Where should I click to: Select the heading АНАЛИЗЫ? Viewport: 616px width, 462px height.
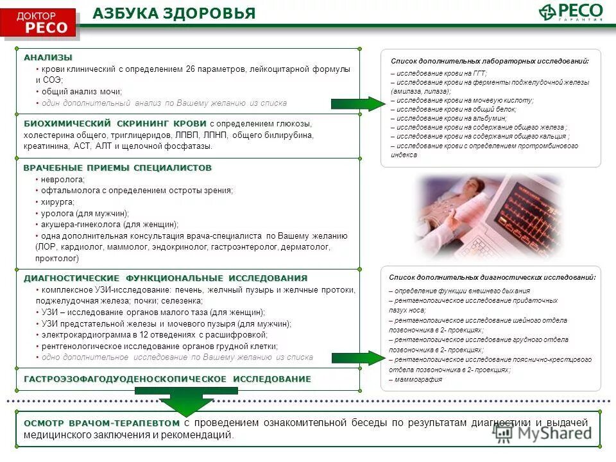point(48,57)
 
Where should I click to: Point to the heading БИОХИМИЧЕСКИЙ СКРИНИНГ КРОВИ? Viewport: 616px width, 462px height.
point(115,123)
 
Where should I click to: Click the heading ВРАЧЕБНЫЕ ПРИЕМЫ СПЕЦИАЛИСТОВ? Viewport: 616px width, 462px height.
point(117,167)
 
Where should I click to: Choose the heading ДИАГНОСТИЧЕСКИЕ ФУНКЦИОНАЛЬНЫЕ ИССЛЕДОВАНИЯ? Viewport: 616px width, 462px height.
point(166,278)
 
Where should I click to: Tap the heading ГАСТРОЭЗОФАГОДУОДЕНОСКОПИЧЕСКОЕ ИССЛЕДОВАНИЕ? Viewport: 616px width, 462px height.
point(167,379)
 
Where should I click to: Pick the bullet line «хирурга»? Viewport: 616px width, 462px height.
point(58,201)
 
